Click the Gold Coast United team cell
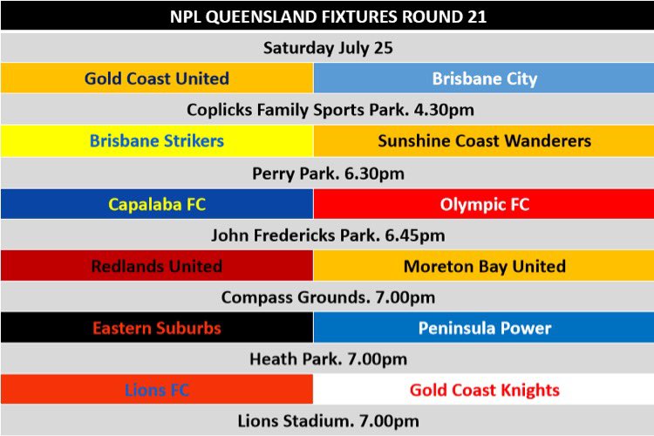click(157, 78)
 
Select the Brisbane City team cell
click(484, 78)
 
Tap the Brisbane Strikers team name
click(157, 141)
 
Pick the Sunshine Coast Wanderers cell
click(484, 141)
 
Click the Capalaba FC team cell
click(157, 204)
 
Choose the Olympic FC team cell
click(484, 204)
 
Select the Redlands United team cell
click(157, 266)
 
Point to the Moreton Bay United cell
click(484, 266)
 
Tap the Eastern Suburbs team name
click(157, 328)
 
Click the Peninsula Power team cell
click(484, 328)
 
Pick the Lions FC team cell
click(157, 389)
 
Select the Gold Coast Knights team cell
click(484, 389)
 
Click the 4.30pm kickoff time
click(444, 110)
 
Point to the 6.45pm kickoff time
click(415, 235)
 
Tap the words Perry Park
click(296, 174)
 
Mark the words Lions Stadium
click(296, 421)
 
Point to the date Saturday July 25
click(328, 48)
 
